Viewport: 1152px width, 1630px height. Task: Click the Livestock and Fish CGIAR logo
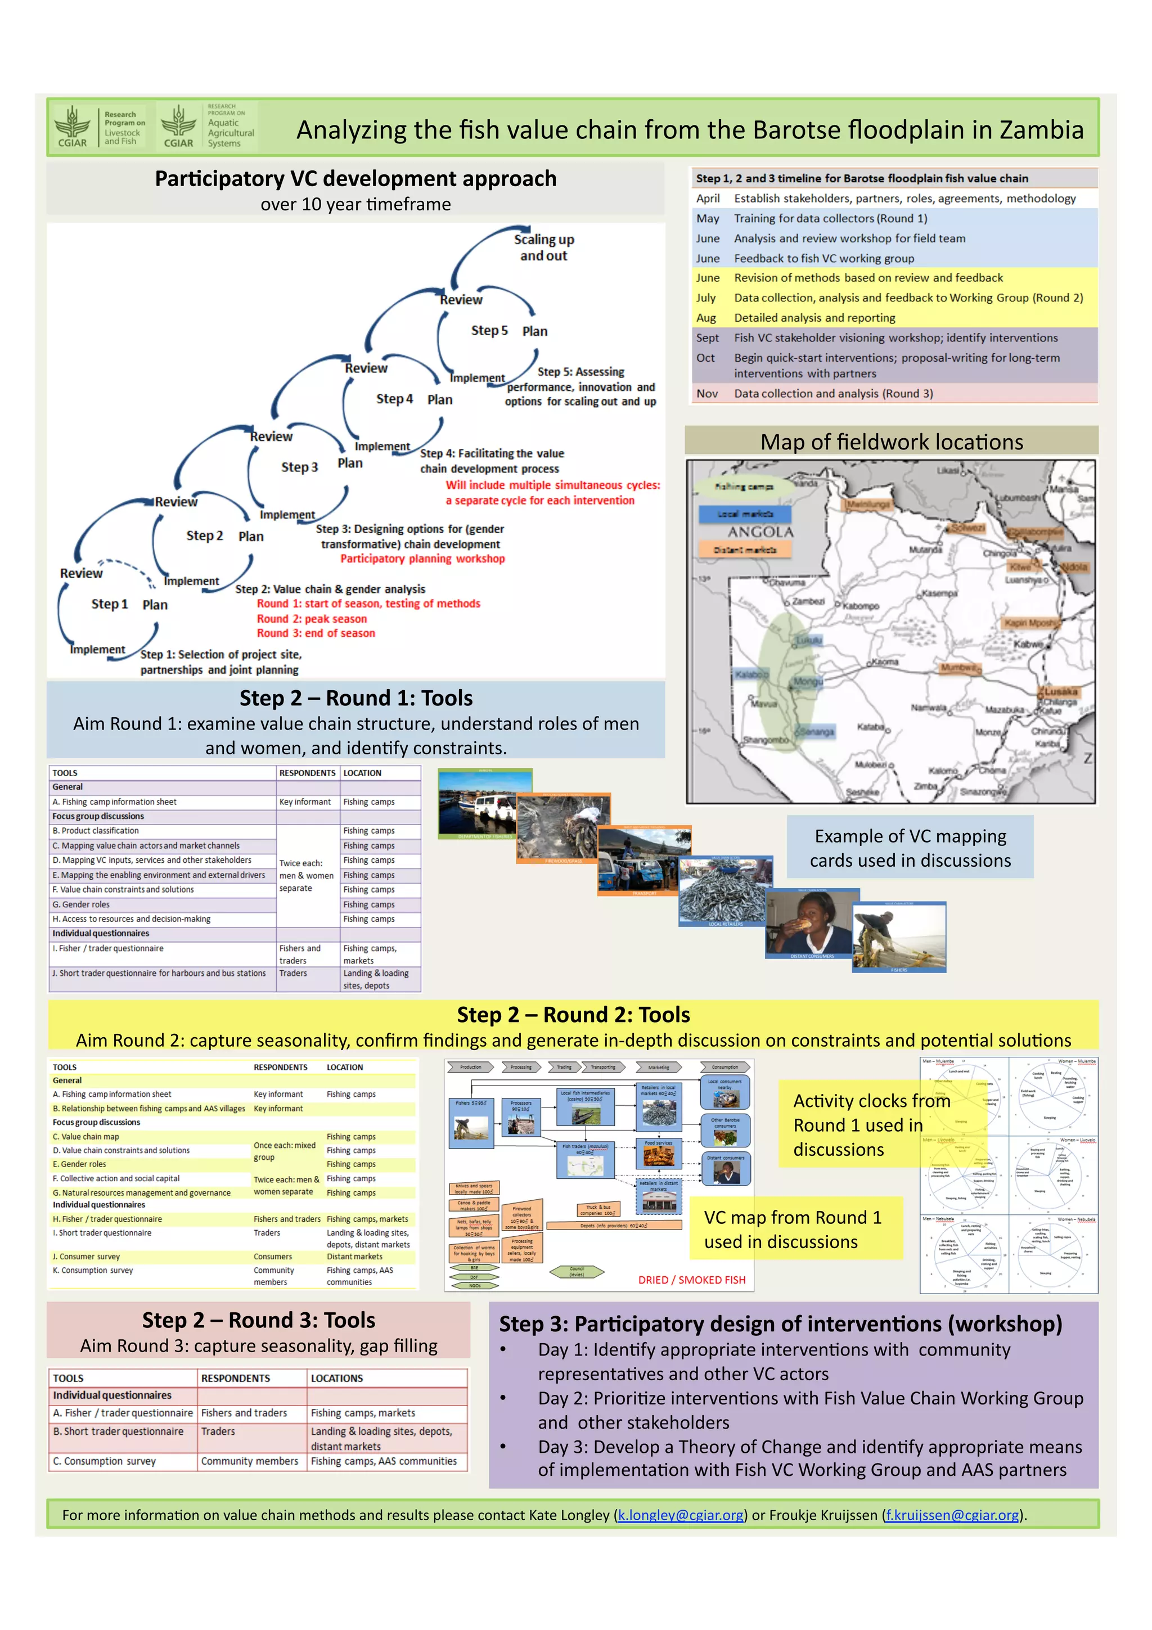[100, 127]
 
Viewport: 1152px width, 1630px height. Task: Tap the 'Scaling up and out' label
[544, 247]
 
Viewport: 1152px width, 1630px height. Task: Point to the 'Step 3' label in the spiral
[299, 467]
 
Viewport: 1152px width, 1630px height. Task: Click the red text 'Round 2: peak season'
[312, 618]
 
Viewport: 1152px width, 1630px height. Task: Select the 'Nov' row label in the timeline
[706, 393]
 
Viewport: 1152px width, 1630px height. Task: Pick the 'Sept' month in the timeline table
[707, 338]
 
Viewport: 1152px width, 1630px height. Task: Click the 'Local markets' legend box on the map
[745, 514]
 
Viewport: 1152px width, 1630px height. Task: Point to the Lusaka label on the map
[1060, 691]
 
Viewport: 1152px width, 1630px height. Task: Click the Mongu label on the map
[808, 681]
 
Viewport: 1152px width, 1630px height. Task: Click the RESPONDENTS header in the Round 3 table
[235, 1378]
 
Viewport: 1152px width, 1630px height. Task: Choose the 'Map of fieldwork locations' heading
[891, 442]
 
